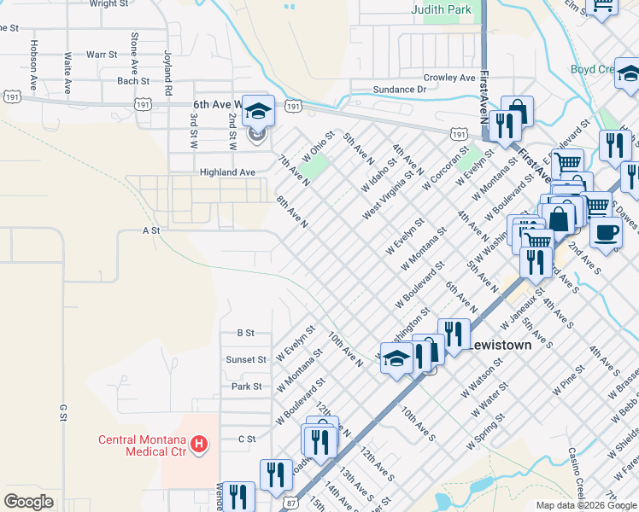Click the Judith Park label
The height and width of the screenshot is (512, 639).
pyautogui.click(x=441, y=10)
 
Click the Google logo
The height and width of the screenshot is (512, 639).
pyautogui.click(x=28, y=501)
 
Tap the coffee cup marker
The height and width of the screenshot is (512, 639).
pyautogui.click(x=606, y=233)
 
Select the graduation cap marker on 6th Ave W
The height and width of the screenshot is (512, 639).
pyautogui.click(x=257, y=112)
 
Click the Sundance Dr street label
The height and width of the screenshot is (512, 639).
pyautogui.click(x=399, y=90)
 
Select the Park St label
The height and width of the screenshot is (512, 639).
pyautogui.click(x=246, y=387)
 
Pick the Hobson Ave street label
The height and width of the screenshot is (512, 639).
pyautogui.click(x=34, y=55)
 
